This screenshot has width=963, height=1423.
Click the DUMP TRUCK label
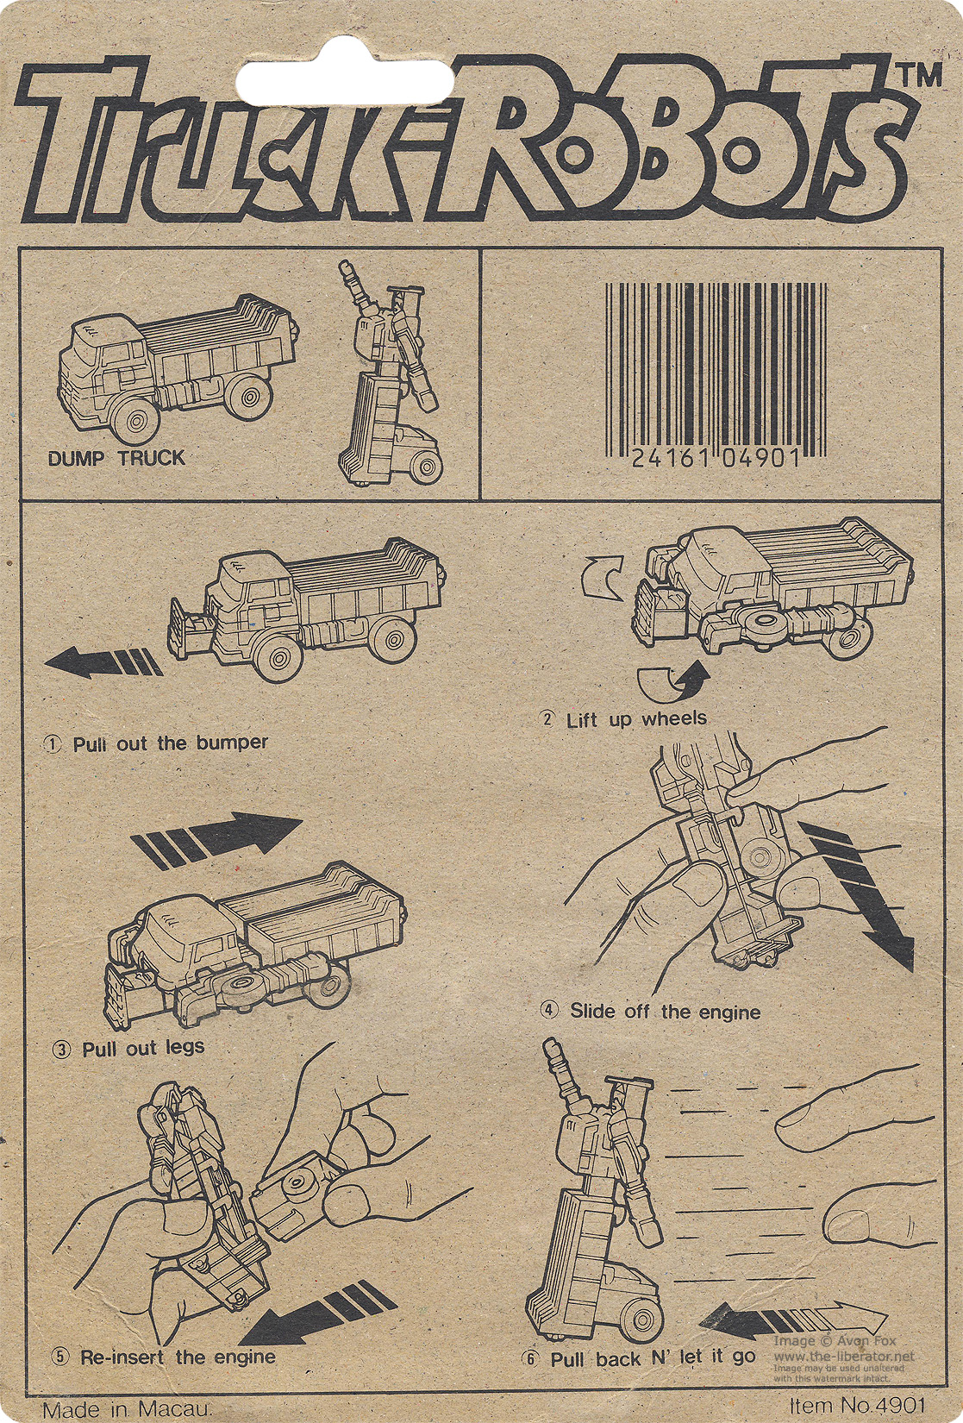tap(116, 458)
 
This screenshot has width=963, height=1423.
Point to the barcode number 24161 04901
tap(716, 457)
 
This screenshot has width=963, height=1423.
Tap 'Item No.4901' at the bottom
tap(857, 1404)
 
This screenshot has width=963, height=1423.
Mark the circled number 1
tap(53, 744)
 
